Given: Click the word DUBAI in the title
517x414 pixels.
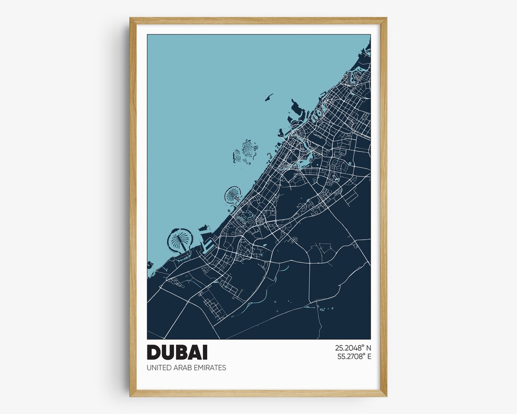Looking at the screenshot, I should (177, 352).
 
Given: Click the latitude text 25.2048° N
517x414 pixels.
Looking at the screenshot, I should (353, 348).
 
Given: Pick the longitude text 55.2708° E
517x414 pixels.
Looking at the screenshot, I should (353, 356).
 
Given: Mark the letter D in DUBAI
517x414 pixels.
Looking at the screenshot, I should (154, 352).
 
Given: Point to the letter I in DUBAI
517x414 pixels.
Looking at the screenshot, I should (205, 352).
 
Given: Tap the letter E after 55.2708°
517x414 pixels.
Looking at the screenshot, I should (369, 356).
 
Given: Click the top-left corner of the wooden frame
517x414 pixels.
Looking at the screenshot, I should (131, 19).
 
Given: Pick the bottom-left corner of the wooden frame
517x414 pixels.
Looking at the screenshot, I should (131, 395).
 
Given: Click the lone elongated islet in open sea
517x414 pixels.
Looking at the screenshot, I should (268, 97).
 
